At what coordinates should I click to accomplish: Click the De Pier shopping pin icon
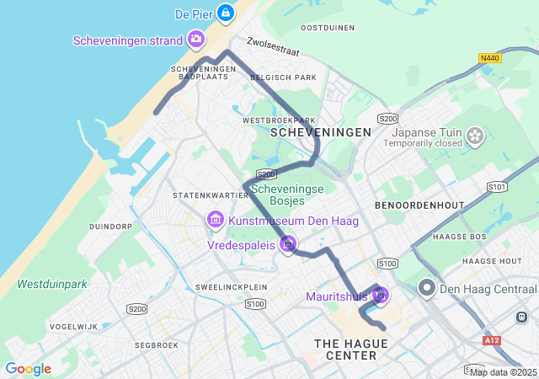click(x=225, y=13)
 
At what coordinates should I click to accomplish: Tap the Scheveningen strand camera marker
click(x=196, y=39)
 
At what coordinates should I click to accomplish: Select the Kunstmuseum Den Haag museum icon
click(x=215, y=221)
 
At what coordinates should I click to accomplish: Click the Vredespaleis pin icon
click(x=289, y=245)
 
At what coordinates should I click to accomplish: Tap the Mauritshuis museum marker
click(x=380, y=296)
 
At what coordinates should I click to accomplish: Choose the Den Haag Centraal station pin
click(x=427, y=290)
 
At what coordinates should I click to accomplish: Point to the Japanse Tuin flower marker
click(x=475, y=135)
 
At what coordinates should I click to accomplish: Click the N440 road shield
click(x=488, y=58)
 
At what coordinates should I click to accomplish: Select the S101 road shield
click(x=498, y=186)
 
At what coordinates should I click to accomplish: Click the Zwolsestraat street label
click(x=273, y=46)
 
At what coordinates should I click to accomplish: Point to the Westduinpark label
click(x=52, y=284)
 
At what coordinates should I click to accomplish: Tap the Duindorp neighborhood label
click(x=111, y=227)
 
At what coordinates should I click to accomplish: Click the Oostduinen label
click(x=328, y=28)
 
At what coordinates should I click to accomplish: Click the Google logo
click(x=28, y=369)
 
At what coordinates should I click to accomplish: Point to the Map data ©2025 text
click(x=503, y=372)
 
